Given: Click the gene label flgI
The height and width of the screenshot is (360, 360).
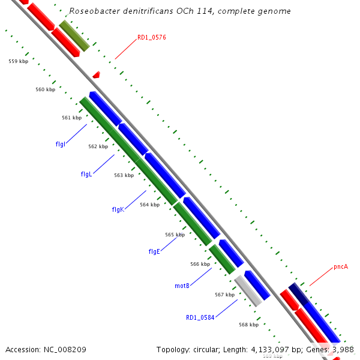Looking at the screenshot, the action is [x=60, y=144].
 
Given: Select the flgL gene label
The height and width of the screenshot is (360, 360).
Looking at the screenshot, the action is [x=86, y=174].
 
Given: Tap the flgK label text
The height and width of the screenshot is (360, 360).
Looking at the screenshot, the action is [x=118, y=209].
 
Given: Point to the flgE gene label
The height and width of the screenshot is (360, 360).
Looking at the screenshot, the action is [x=154, y=251].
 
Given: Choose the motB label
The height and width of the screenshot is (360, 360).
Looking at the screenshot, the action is [x=182, y=286].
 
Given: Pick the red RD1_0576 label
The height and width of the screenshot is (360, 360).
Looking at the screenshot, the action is [x=151, y=37].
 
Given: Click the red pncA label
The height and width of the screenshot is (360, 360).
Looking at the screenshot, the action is [x=341, y=267].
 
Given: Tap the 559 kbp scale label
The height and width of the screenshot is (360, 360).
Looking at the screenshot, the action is [x=19, y=61].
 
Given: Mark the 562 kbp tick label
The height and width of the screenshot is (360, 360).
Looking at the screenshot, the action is [x=98, y=146].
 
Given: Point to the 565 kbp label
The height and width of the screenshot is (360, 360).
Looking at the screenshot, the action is [x=175, y=235].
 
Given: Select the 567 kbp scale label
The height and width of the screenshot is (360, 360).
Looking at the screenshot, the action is [x=224, y=295].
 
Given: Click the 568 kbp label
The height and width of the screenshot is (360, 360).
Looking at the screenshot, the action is [x=248, y=325].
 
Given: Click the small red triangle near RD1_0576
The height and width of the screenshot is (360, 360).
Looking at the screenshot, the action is [x=96, y=75].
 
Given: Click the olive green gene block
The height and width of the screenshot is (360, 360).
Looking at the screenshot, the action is [x=74, y=35].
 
